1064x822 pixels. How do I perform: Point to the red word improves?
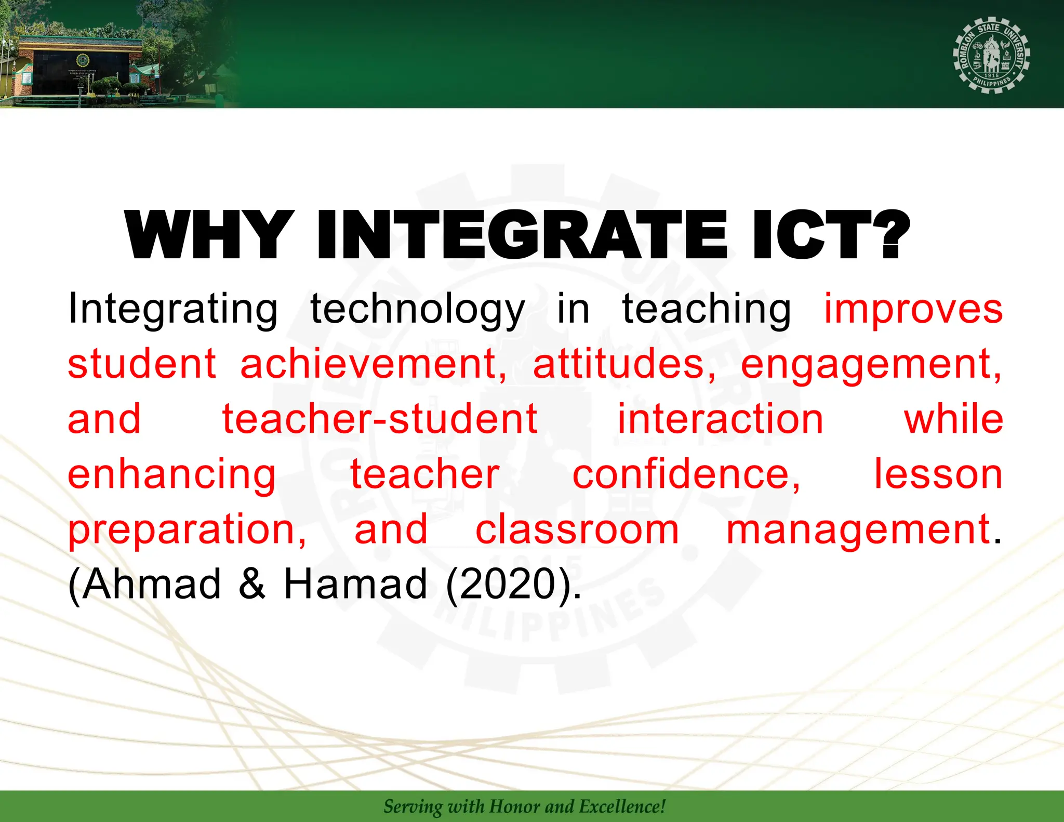[x=913, y=310]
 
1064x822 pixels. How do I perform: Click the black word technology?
[x=417, y=310]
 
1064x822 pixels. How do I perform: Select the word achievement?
[x=373, y=365]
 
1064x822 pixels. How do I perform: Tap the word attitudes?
[x=623, y=365]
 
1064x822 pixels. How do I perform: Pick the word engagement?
[x=871, y=365]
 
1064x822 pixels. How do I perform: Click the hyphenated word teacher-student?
[x=380, y=419]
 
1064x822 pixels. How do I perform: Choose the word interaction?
[x=720, y=419]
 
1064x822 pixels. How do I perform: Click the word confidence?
[x=686, y=474]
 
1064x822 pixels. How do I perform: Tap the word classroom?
[x=577, y=529]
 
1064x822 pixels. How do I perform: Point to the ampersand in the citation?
[x=252, y=585]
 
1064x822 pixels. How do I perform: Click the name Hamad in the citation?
[x=355, y=585]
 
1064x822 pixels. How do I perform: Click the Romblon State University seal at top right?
[x=991, y=55]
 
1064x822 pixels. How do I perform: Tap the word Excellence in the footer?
[x=622, y=806]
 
